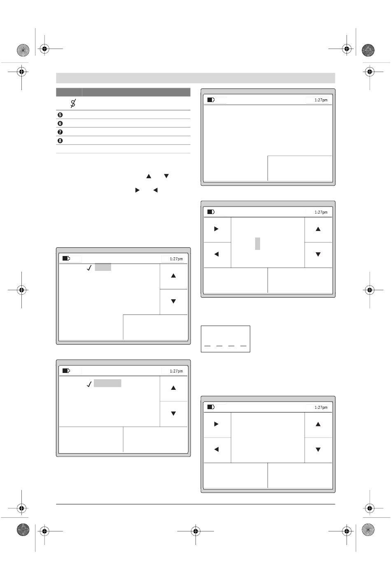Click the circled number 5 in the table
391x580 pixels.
[x=60, y=115]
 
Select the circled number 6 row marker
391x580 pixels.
[x=60, y=123]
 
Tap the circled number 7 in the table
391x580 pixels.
[x=60, y=132]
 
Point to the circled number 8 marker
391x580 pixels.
[x=60, y=141]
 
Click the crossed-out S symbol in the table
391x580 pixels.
[x=73, y=103]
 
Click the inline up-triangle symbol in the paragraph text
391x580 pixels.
[x=149, y=176]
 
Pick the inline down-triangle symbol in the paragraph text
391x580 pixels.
[x=166, y=176]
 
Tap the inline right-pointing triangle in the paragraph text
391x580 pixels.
[x=137, y=191]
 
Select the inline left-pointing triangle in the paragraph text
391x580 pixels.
[x=155, y=191]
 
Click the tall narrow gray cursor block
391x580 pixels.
[x=257, y=243]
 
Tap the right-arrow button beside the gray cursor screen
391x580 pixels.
[x=216, y=229]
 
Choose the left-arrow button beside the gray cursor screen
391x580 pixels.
[x=216, y=254]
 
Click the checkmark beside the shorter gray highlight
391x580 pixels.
[x=89, y=268]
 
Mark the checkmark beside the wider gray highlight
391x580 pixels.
[x=89, y=384]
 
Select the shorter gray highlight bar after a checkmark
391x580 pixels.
[x=103, y=267]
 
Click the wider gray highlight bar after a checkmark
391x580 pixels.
[x=107, y=383]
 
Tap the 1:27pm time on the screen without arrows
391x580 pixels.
[x=321, y=100]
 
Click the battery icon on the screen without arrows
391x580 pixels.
[x=211, y=100]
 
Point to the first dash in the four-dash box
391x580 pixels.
[x=207, y=346]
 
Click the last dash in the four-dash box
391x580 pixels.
[x=243, y=346]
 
